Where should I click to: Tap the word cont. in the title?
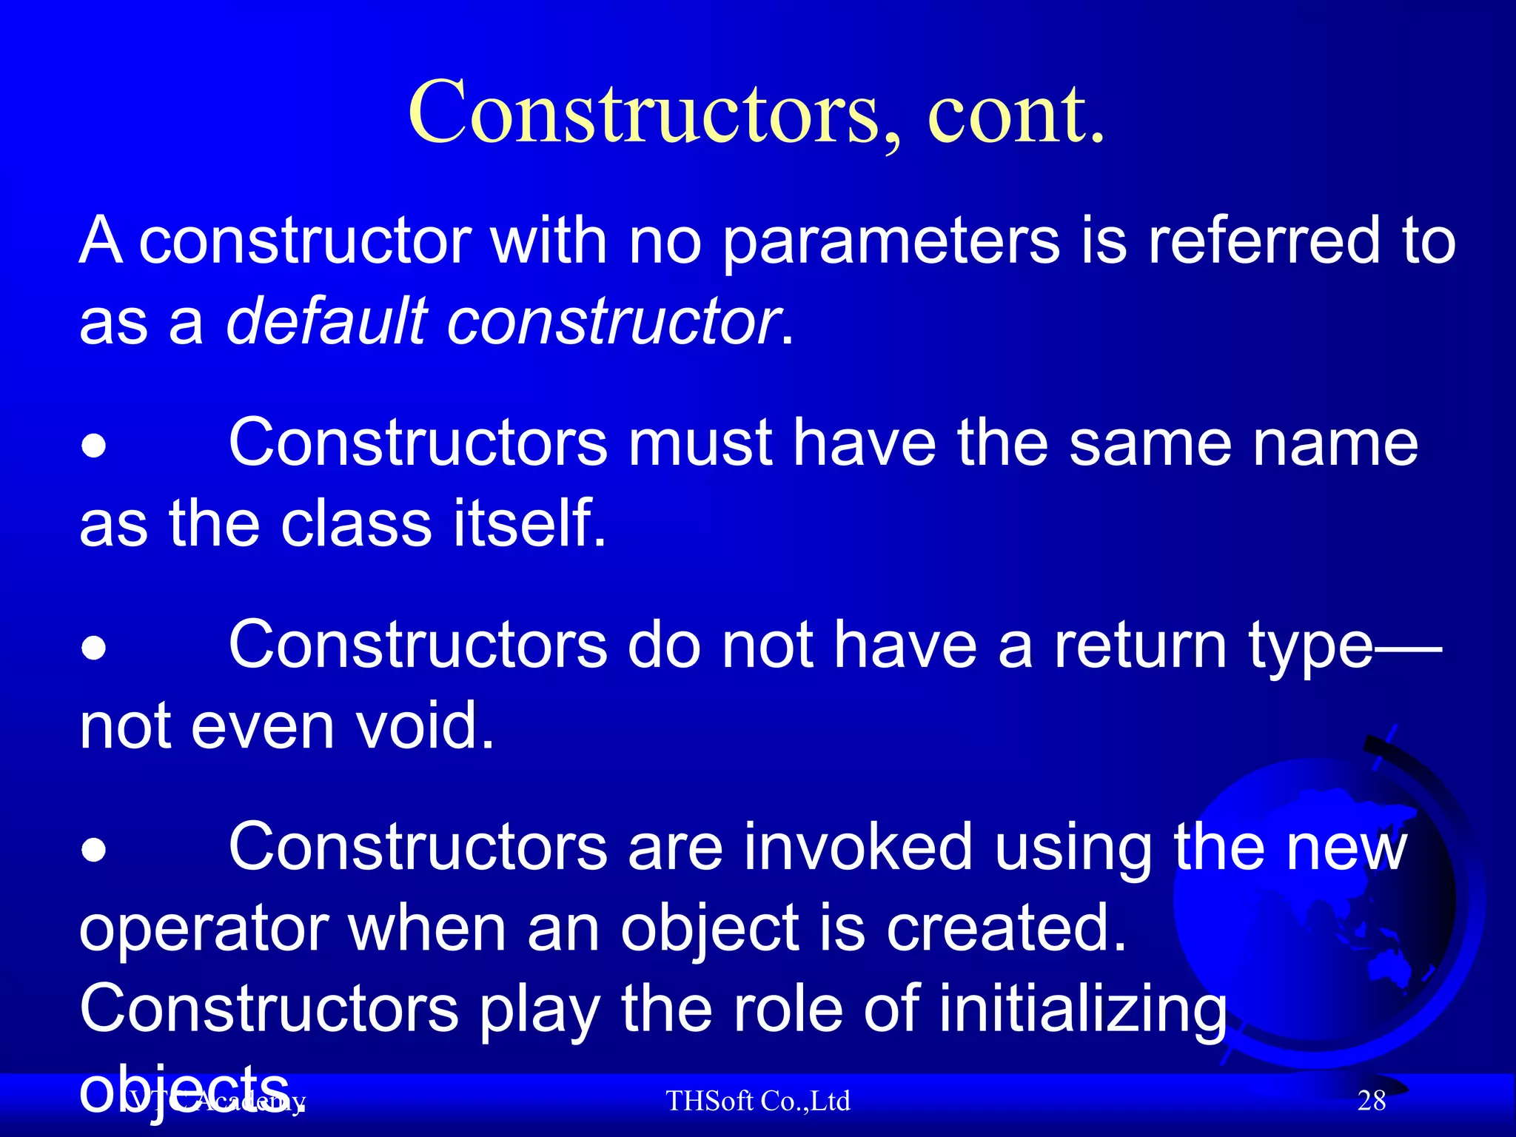pos(1016,113)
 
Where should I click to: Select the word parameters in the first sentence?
pos(891,242)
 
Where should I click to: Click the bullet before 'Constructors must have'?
pos(94,447)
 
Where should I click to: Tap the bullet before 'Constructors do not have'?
pos(94,649)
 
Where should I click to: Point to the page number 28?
pos(1371,1101)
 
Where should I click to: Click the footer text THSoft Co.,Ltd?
pos(758,1101)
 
